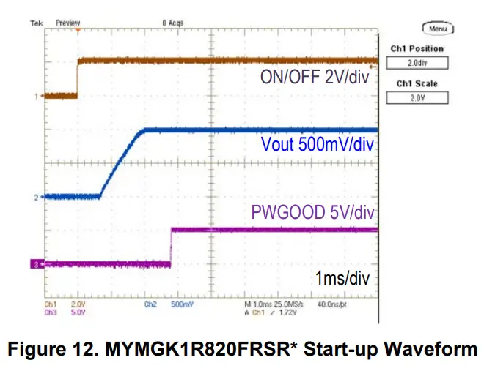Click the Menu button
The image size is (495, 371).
coord(439,29)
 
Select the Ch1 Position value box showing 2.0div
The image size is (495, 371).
coord(417,63)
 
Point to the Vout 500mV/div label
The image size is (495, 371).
coord(318,144)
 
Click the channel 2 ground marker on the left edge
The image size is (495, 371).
coord(36,197)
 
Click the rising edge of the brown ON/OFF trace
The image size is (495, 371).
coord(78,78)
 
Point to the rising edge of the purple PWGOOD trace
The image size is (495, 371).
coord(171,247)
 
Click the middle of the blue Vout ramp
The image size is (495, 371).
coord(121,163)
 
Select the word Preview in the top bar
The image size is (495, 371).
coord(67,23)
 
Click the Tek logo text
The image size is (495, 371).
coord(36,23)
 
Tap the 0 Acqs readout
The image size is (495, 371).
coord(172,23)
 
